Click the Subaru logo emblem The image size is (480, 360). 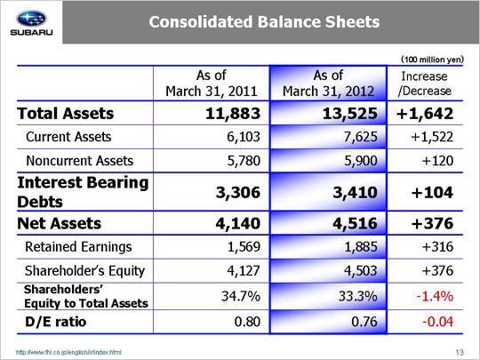pyautogui.click(x=31, y=19)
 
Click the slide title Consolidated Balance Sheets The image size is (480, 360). pyautogui.click(x=264, y=21)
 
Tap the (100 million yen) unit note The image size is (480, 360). pyautogui.click(x=432, y=59)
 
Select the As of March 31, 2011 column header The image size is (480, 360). pyautogui.click(x=212, y=84)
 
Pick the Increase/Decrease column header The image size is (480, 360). pyautogui.click(x=425, y=84)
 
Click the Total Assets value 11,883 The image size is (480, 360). pyautogui.click(x=233, y=114)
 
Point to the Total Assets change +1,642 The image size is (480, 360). pyautogui.click(x=425, y=114)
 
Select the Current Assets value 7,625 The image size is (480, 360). pyautogui.click(x=361, y=137)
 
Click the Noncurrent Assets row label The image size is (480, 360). pyautogui.click(x=80, y=161)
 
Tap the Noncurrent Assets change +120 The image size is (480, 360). pyautogui.click(x=437, y=161)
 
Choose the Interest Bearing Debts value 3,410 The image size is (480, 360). pyautogui.click(x=355, y=193)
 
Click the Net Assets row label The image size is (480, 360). pyautogui.click(x=59, y=223)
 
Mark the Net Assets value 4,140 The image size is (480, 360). pyautogui.click(x=238, y=223)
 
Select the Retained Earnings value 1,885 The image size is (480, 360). pyautogui.click(x=361, y=247)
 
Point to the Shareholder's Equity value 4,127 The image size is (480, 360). pyautogui.click(x=244, y=270)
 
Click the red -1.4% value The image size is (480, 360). pyautogui.click(x=435, y=296)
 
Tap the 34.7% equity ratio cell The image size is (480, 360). pyautogui.click(x=241, y=296)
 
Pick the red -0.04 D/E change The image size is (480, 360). pyautogui.click(x=437, y=322)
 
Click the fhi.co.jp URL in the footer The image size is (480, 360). pyautogui.click(x=68, y=352)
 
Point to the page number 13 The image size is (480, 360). pyautogui.click(x=460, y=353)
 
